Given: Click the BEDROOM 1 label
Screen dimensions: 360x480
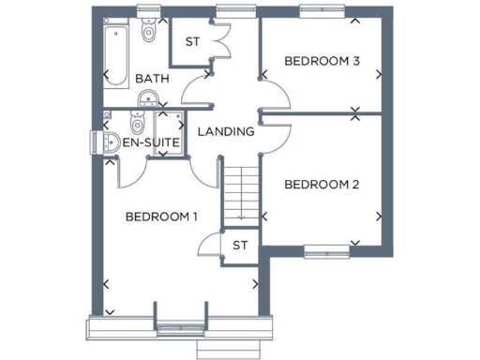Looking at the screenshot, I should (161, 217).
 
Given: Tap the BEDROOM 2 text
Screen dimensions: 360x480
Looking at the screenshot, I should (322, 184).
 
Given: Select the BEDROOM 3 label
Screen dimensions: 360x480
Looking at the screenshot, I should (322, 62).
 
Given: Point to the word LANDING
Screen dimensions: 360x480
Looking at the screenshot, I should (226, 131).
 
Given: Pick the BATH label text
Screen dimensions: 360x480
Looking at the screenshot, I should (152, 79).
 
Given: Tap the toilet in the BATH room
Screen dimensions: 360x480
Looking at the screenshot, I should (148, 31).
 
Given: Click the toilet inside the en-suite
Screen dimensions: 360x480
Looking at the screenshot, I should (137, 124).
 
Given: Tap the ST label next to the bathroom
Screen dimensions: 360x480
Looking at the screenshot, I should (192, 41).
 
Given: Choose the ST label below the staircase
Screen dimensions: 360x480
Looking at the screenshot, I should (240, 246).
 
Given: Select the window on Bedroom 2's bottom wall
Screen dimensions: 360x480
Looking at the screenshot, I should (323, 249).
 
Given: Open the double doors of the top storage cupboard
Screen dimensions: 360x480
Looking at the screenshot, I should (220, 41).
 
